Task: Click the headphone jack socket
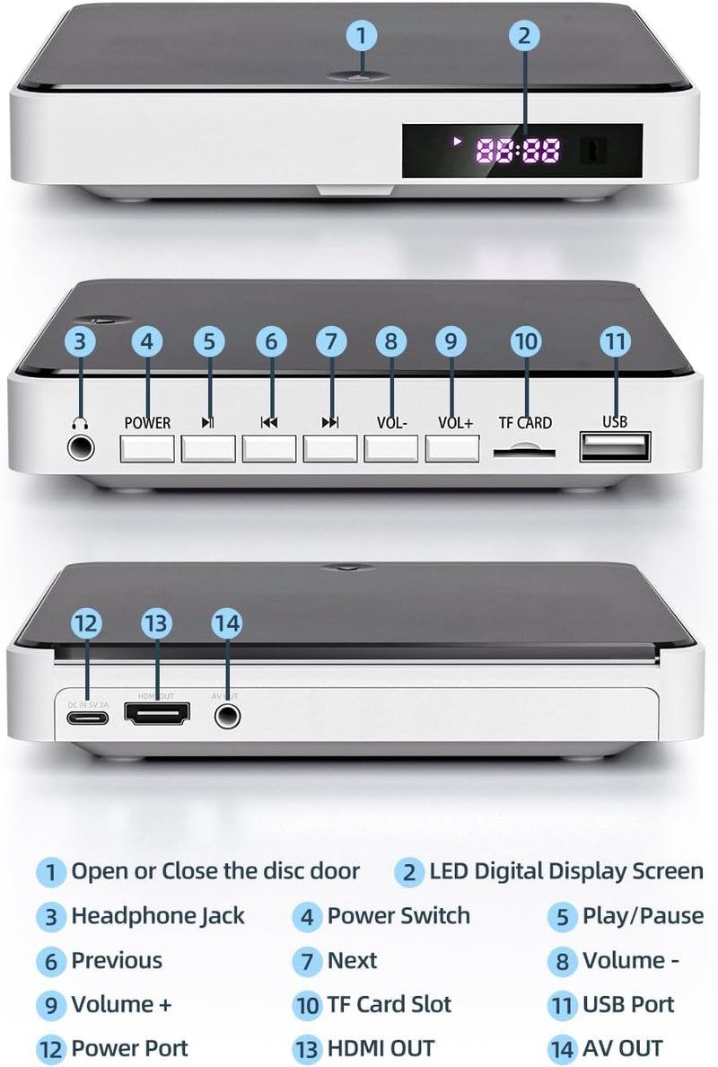82,445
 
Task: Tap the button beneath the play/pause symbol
208,447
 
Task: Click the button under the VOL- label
391,447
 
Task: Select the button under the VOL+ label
452,447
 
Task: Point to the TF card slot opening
524,451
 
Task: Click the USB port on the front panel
615,446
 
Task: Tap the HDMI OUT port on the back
158,715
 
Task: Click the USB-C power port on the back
87,716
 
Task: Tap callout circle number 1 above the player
362,36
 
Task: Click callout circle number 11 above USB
615,342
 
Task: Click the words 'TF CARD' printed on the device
525,423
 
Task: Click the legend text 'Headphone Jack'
158,916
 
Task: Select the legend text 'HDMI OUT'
381,1048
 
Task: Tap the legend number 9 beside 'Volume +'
51,1004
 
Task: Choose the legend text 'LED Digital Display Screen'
566,871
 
